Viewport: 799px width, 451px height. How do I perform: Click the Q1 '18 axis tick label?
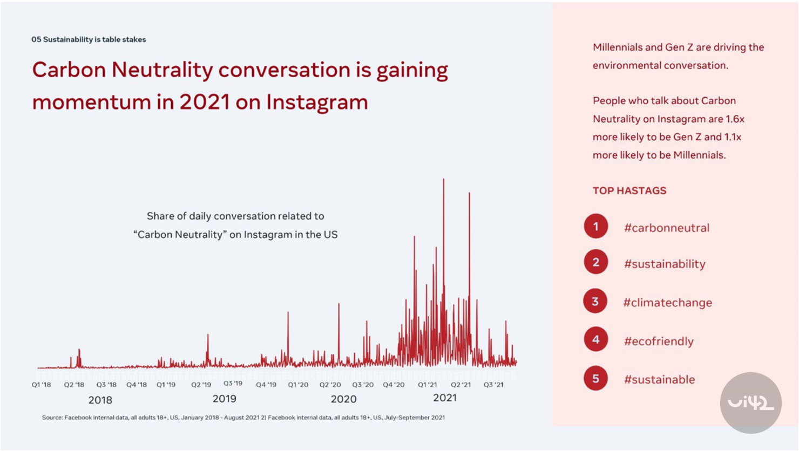pyautogui.click(x=41, y=385)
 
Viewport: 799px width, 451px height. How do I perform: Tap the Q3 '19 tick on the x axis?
pyautogui.click(x=233, y=384)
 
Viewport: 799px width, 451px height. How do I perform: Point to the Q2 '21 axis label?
pyautogui.click(x=461, y=385)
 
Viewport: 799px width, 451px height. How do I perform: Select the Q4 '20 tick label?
pyautogui.click(x=394, y=385)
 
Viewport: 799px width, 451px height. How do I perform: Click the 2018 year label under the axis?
pyautogui.click(x=100, y=400)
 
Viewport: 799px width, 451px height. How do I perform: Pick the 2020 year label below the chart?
pyautogui.click(x=343, y=399)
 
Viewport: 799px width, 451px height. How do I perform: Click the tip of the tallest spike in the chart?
pyautogui.click(x=444, y=180)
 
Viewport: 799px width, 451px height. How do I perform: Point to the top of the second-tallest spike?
pyautogui.click(x=469, y=193)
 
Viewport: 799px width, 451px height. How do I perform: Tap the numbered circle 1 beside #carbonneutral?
pyautogui.click(x=595, y=227)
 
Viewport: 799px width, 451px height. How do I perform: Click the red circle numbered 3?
pyautogui.click(x=595, y=302)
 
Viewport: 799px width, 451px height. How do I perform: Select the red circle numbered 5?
pyautogui.click(x=595, y=379)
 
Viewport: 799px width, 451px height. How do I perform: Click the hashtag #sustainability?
pyautogui.click(x=665, y=264)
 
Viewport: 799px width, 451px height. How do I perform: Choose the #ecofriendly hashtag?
pyautogui.click(x=659, y=341)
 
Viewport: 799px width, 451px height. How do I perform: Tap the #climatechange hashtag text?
pyautogui.click(x=668, y=303)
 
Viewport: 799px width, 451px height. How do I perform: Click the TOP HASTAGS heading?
pyautogui.click(x=629, y=190)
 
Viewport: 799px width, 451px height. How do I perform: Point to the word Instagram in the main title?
pyautogui.click(x=317, y=102)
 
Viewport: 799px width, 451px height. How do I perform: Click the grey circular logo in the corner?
pyautogui.click(x=750, y=402)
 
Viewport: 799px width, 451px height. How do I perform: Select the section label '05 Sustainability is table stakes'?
pyautogui.click(x=89, y=39)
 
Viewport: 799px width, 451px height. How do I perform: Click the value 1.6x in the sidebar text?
pyautogui.click(x=735, y=119)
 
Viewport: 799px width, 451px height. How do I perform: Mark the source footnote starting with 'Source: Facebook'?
pyautogui.click(x=243, y=418)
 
